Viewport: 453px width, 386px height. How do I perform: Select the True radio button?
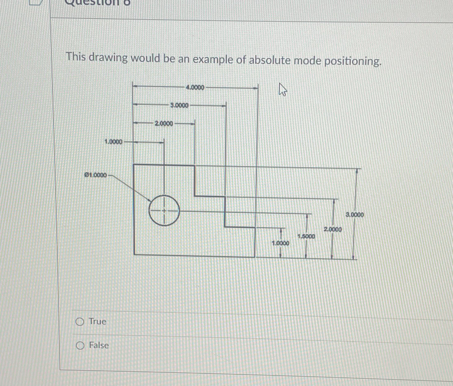[80, 322]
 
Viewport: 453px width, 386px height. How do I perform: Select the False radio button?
[80, 345]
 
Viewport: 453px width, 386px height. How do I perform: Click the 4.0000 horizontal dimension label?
[195, 87]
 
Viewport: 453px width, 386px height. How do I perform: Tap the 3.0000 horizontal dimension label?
[179, 105]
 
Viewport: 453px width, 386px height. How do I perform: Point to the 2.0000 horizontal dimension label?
[164, 124]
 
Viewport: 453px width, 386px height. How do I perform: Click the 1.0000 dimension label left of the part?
[114, 142]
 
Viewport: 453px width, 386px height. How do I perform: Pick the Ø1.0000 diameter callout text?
[96, 175]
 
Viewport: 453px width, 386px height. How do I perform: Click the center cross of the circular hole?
[164, 210]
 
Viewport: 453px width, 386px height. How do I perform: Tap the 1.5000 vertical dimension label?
[306, 236]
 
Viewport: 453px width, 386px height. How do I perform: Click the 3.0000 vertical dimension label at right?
[355, 215]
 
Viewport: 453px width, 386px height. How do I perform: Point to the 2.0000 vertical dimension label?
[333, 229]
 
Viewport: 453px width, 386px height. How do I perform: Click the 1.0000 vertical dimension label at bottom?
[280, 243]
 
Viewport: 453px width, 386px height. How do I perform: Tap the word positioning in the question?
[352, 62]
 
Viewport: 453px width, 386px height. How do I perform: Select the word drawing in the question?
[108, 58]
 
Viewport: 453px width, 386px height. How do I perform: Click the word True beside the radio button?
[98, 321]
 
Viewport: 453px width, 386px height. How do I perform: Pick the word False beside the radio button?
[99, 345]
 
